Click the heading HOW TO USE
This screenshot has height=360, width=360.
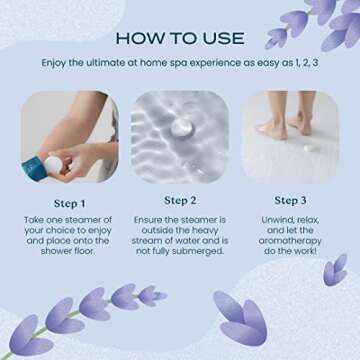coord(180,38)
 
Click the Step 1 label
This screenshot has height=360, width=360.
coord(69,200)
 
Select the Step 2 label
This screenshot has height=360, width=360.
coord(180,200)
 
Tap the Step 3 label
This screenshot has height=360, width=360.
coord(290,200)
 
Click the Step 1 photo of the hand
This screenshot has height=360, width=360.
coord(69,138)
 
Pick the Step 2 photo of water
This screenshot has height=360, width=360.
coord(180,138)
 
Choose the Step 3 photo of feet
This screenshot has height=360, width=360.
coord(290,138)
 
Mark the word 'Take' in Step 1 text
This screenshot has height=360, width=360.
coord(38,218)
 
